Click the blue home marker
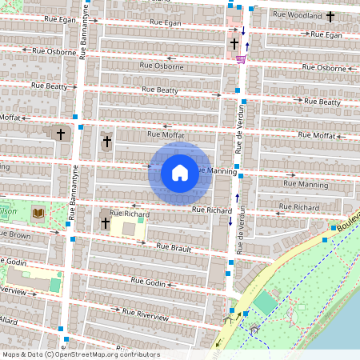pos(180,172)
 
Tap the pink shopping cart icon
pos(241,58)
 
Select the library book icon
pos(38,213)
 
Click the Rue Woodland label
pos(296,14)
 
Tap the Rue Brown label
pos(15,236)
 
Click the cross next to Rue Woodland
pos(330,15)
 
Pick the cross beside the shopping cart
pos(234,43)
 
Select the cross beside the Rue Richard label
pos(105,222)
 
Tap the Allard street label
pos(9,320)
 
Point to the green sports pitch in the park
pos(264,302)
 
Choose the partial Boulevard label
pos(348,222)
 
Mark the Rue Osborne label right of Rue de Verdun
pos(320,68)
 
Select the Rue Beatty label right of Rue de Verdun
pos(318,102)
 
